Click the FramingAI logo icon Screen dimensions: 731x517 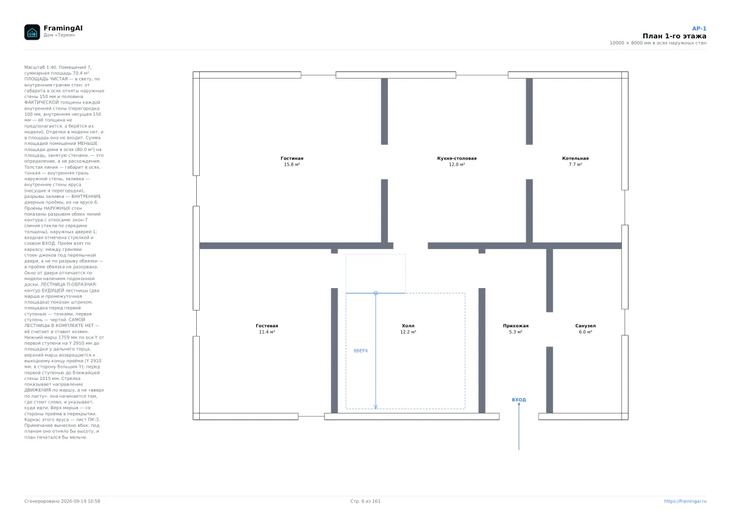pyautogui.click(x=32, y=32)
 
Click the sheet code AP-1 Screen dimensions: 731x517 pyautogui.click(x=699, y=29)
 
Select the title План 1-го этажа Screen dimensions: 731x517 pyautogui.click(x=674, y=36)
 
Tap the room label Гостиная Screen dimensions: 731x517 pyautogui.click(x=292, y=158)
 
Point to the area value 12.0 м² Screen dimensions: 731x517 pyautogui.click(x=456, y=164)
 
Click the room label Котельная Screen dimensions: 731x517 pyautogui.click(x=575, y=158)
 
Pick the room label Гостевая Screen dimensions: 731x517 pyautogui.click(x=267, y=326)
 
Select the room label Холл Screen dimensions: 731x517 pyautogui.click(x=408, y=326)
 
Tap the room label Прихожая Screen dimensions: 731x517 pyautogui.click(x=515, y=326)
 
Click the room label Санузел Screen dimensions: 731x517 pyautogui.click(x=585, y=326)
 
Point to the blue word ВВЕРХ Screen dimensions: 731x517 pyautogui.click(x=361, y=351)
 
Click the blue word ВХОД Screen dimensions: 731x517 pyautogui.click(x=518, y=399)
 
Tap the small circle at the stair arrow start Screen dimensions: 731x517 pyautogui.click(x=376, y=294)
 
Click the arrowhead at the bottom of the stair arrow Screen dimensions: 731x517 pyautogui.click(x=376, y=407)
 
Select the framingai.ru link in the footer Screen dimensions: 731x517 pyautogui.click(x=685, y=501)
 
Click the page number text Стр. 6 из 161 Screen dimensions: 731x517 pyautogui.click(x=365, y=501)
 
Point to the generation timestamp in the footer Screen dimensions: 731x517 pyautogui.click(x=62, y=501)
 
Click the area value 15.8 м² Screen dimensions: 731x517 pyautogui.click(x=292, y=164)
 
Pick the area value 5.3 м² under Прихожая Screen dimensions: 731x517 pyautogui.click(x=515, y=332)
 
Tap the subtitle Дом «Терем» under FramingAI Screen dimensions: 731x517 pyautogui.click(x=59, y=35)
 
